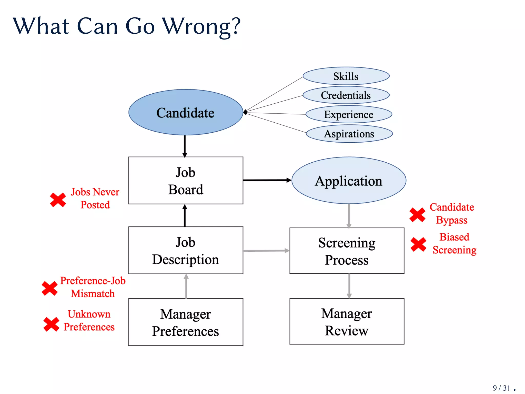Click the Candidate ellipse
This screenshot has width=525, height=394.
pyautogui.click(x=186, y=112)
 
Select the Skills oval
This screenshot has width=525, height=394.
pyautogui.click(x=346, y=76)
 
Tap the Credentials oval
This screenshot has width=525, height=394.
pyautogui.click(x=346, y=95)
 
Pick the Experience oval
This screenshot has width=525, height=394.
pyautogui.click(x=349, y=114)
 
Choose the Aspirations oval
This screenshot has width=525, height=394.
pyautogui.click(x=349, y=134)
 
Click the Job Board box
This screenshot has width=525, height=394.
pyautogui.click(x=186, y=181)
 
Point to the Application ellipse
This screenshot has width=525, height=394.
pyautogui.click(x=349, y=181)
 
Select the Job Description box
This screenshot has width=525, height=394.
pyautogui.click(x=186, y=250)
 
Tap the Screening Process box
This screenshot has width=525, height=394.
pyautogui.click(x=347, y=251)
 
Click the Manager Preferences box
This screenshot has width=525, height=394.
pyautogui.click(x=186, y=322)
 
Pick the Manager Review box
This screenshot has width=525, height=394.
pyautogui.click(x=347, y=321)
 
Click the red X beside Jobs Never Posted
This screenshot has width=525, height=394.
pyautogui.click(x=58, y=200)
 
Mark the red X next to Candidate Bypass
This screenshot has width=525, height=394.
pyautogui.click(x=417, y=215)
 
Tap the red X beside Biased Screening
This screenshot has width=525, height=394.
pyautogui.click(x=418, y=244)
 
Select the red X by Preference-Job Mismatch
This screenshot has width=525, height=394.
pyautogui.click(x=50, y=288)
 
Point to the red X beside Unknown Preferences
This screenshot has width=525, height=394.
pyautogui.click(x=51, y=324)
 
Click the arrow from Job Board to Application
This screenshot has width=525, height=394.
pyautogui.click(x=267, y=180)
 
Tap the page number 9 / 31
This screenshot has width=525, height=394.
pyautogui.click(x=501, y=388)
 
